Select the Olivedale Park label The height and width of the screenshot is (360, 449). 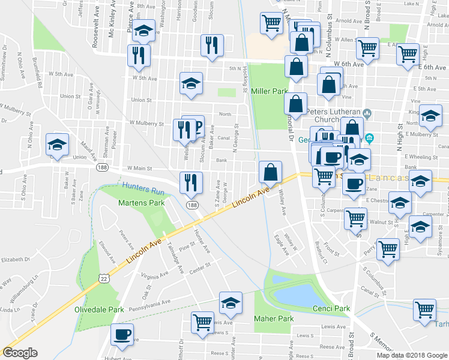[98, 310]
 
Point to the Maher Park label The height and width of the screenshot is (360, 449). [273, 319]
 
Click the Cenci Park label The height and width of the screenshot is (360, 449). [331, 308]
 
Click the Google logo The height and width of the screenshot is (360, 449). [20, 353]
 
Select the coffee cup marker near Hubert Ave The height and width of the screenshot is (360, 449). [122, 334]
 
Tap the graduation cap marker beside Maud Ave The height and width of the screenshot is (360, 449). [58, 145]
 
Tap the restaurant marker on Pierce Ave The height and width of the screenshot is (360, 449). [138, 55]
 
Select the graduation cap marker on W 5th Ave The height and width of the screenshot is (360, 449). [191, 83]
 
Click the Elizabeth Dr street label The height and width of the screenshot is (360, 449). [15, 260]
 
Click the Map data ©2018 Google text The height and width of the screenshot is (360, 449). [412, 355]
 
